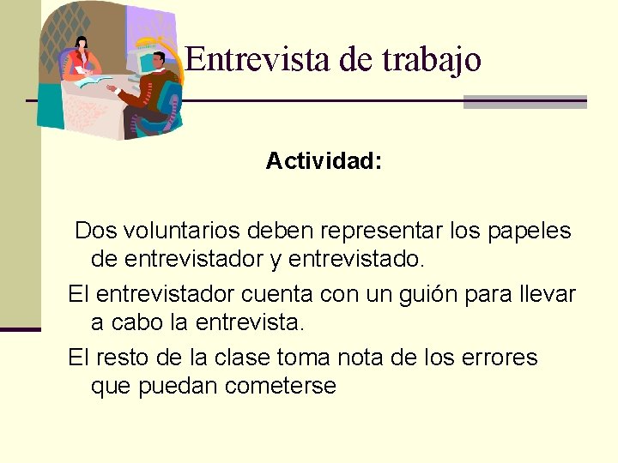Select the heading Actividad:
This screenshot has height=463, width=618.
[324, 161]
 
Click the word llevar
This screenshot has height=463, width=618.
[547, 295]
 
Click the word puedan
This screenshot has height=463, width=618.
[178, 387]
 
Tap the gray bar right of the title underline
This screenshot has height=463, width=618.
[524, 102]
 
